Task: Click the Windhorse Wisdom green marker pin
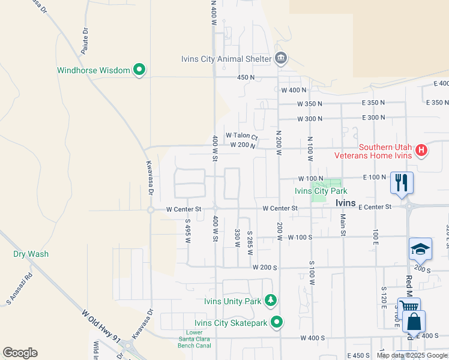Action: click(x=139, y=70)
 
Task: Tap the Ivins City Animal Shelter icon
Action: click(x=280, y=59)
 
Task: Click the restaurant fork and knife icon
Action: click(x=400, y=182)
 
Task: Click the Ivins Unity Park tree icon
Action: click(x=271, y=300)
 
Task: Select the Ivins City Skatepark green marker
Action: click(x=277, y=323)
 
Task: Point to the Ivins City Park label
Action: click(x=321, y=191)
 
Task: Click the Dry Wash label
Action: click(x=31, y=254)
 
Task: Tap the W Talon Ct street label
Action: click(x=241, y=136)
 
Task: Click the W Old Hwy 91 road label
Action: click(x=101, y=326)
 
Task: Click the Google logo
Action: click(x=20, y=353)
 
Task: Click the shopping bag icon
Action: click(x=414, y=322)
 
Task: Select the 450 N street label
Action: click(x=246, y=77)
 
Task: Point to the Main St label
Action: click(x=343, y=224)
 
